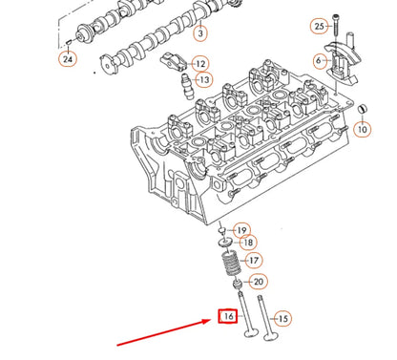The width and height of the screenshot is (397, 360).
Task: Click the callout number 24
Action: tap(66, 60)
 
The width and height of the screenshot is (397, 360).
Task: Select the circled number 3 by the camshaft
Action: tap(200, 34)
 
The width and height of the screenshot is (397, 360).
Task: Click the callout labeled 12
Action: tap(200, 64)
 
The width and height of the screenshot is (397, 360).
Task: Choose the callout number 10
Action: tap(362, 128)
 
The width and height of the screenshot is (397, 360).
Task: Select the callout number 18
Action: tap(247, 244)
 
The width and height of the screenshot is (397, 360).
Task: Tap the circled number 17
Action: tap(252, 260)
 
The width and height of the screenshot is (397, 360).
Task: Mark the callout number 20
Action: tap(258, 283)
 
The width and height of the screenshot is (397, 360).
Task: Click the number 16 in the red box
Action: tap(228, 315)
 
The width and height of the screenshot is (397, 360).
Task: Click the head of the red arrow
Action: tap(214, 322)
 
